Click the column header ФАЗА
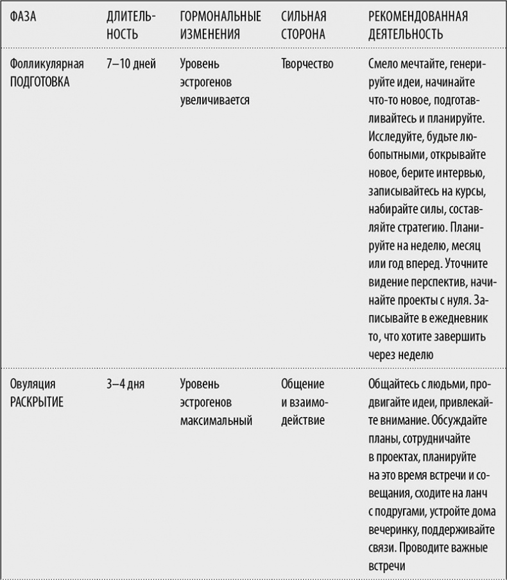(x=23, y=17)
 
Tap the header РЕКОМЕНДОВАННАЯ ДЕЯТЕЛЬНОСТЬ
(x=418, y=25)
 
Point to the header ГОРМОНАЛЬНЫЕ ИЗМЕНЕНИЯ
(x=220, y=25)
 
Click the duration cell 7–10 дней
(x=131, y=64)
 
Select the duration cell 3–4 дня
(x=126, y=385)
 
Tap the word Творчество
(x=307, y=64)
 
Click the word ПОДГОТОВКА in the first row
(x=40, y=83)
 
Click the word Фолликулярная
(x=47, y=64)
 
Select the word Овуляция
(x=33, y=385)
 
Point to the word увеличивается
(x=214, y=101)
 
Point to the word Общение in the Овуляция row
(x=302, y=385)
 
